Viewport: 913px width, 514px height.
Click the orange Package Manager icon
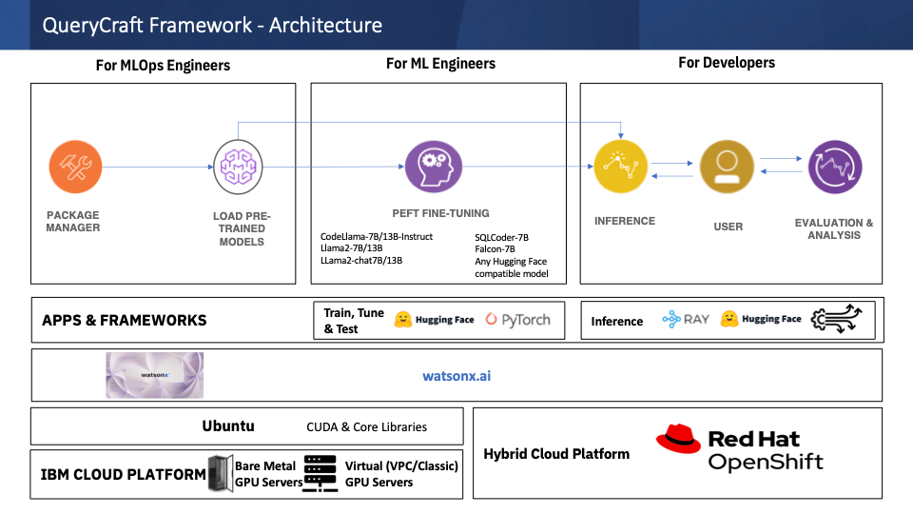coord(75,168)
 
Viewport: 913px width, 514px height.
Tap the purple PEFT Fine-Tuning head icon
coord(434,168)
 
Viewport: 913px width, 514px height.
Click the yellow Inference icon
coord(621,167)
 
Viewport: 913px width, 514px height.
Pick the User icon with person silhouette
coord(727,168)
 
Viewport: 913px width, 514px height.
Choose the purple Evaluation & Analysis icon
coord(835,168)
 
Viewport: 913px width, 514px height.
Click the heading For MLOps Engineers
coord(163,66)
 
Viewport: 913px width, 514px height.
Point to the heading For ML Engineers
coord(440,64)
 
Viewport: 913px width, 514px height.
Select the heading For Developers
coord(727,63)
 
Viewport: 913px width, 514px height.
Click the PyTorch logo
coord(517,320)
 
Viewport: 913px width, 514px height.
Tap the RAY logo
coord(687,320)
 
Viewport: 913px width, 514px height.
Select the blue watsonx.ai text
coord(456,376)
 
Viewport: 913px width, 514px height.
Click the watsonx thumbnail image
coord(154,375)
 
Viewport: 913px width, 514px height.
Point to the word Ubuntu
coord(228,425)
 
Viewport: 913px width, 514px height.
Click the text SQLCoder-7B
coord(501,236)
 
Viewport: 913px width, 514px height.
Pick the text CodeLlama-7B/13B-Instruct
coord(377,236)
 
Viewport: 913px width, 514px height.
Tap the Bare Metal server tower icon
coord(220,473)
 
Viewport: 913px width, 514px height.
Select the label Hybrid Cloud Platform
coord(556,453)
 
